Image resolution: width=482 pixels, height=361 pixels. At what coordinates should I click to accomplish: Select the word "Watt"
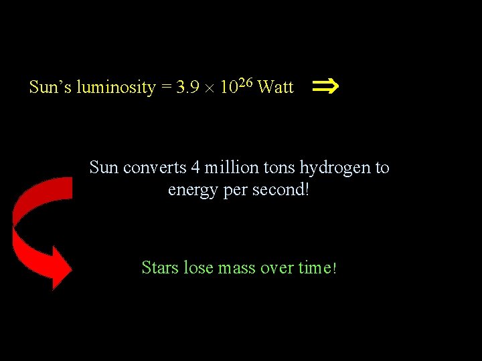275,88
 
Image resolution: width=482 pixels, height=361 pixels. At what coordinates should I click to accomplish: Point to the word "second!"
284,189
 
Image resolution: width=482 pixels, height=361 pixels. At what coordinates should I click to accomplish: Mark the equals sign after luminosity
165,88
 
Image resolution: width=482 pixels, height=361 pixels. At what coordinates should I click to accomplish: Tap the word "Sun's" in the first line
51,88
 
